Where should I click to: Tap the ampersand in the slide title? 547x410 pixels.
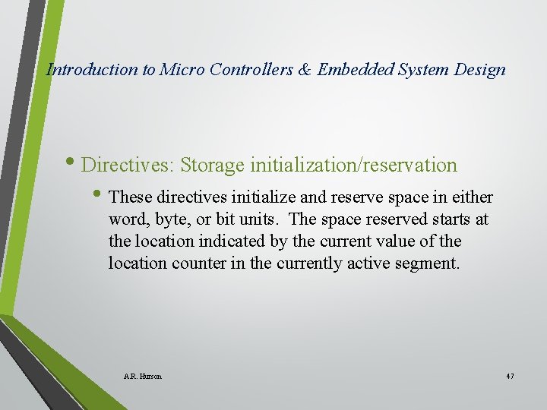(304, 70)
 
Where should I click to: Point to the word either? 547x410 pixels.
(473, 198)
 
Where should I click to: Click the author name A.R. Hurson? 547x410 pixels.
(142, 376)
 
